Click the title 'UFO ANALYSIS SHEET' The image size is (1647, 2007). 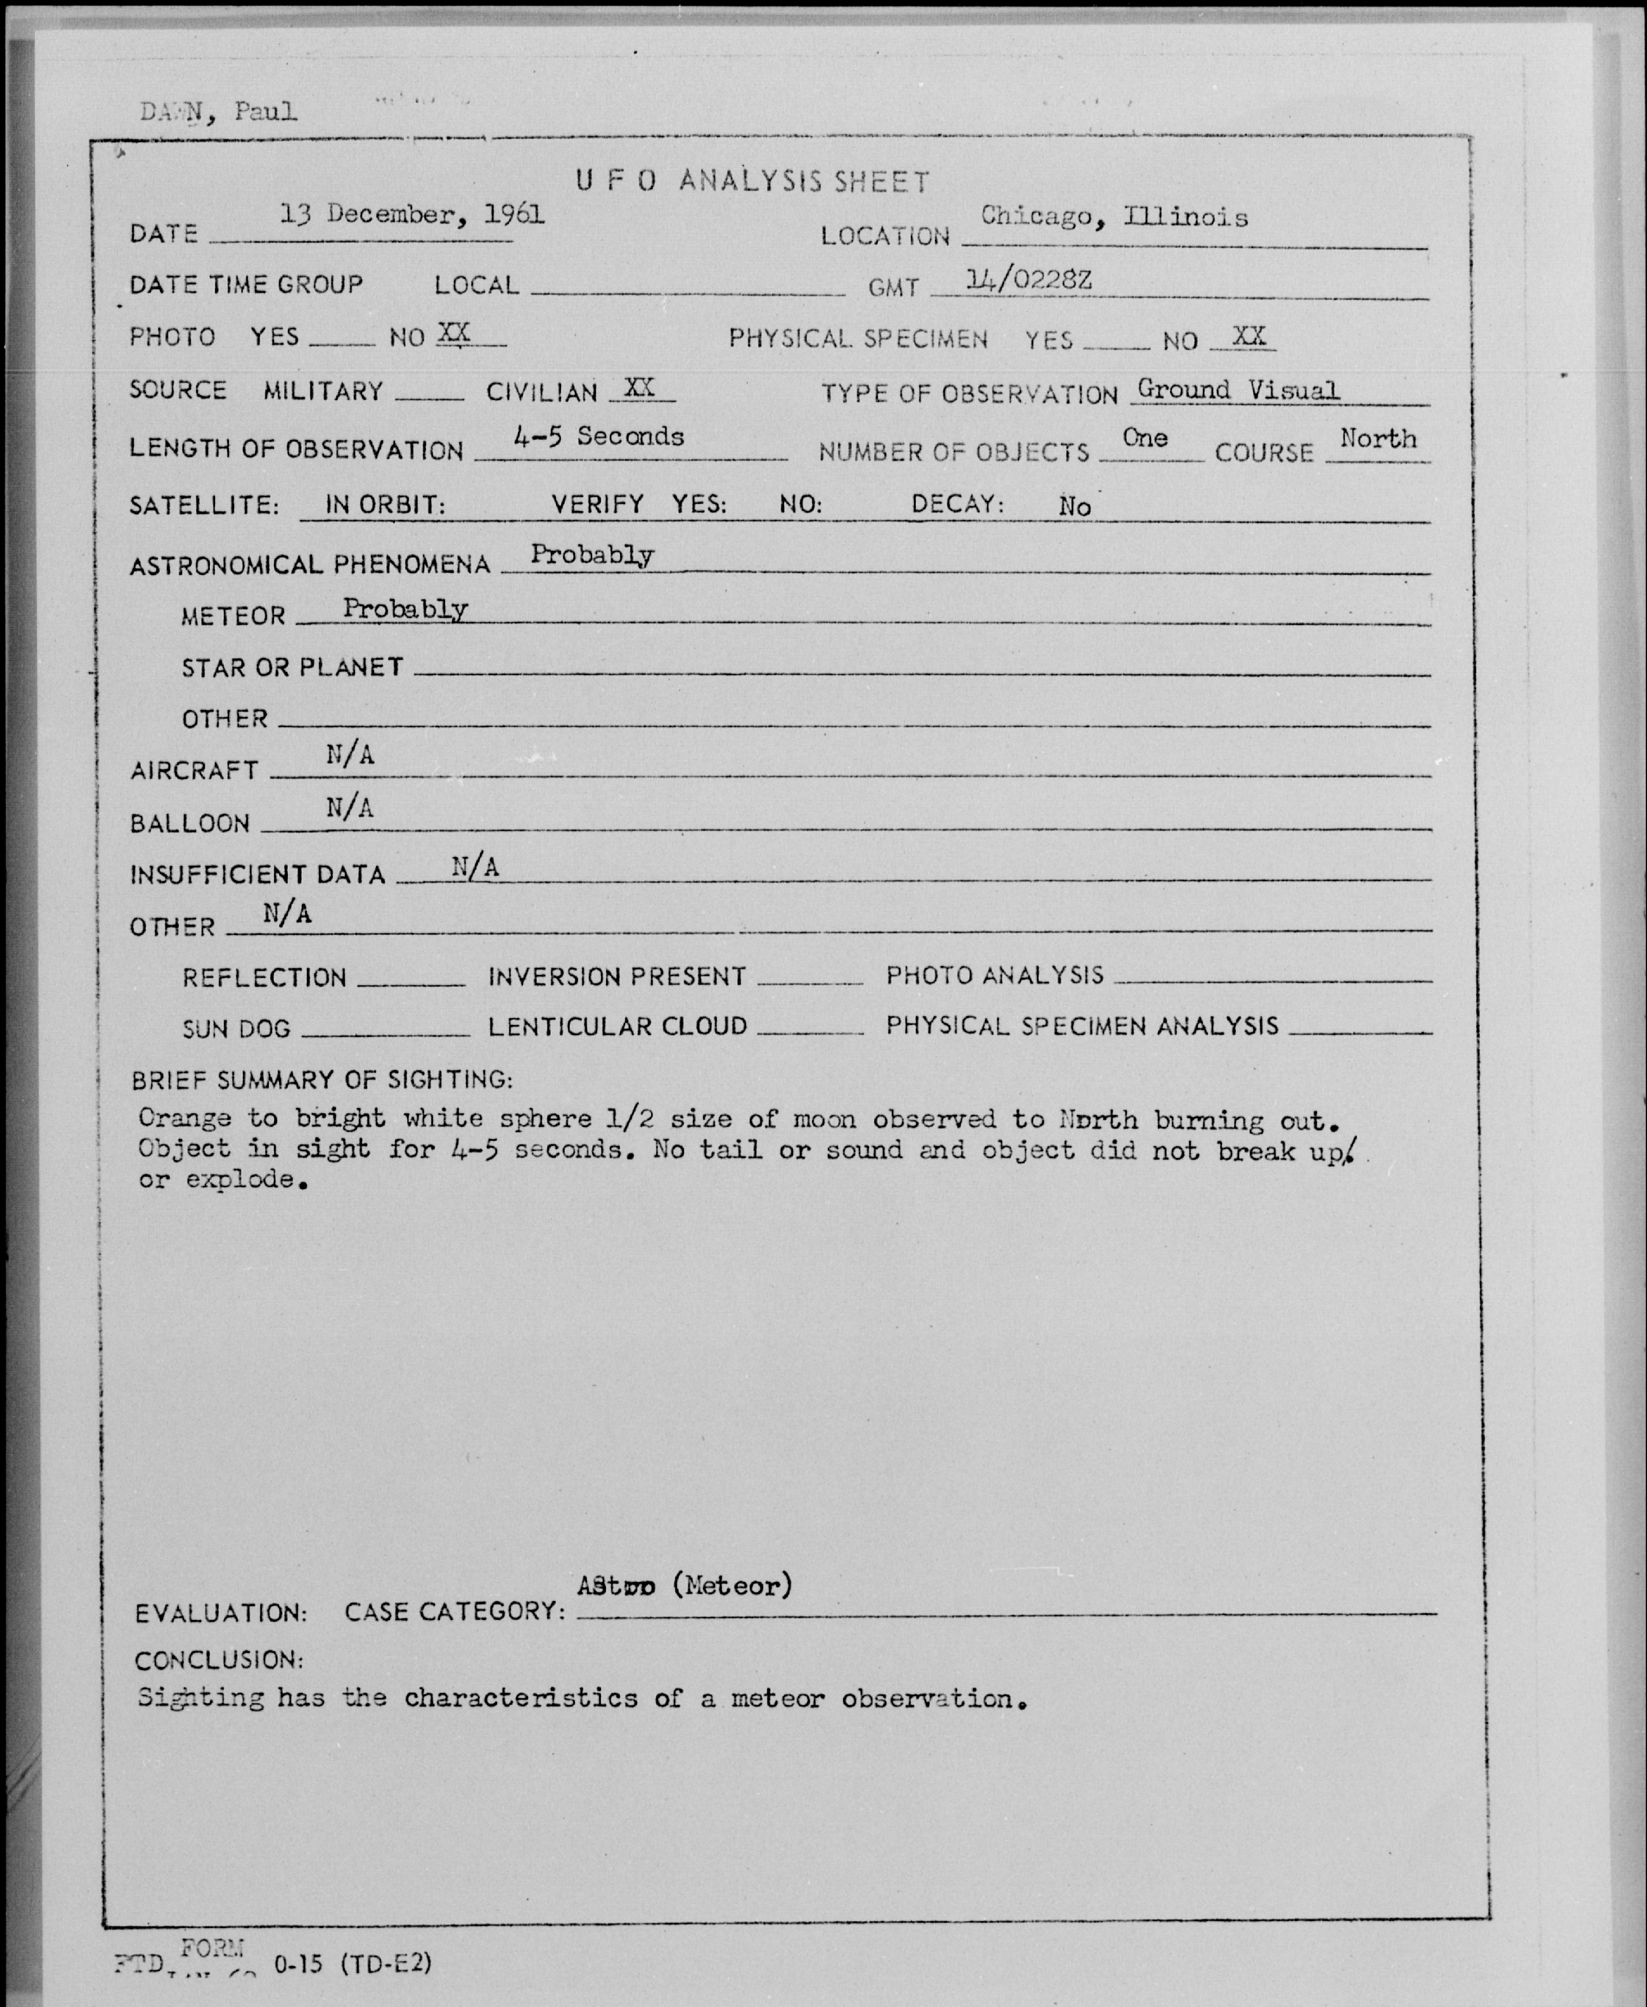click(753, 181)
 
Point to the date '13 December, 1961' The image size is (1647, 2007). click(412, 215)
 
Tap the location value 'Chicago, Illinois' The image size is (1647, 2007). click(1114, 217)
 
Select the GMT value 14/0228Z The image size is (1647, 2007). click(1028, 279)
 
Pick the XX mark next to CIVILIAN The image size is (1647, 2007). click(640, 387)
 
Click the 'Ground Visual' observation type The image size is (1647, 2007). click(1238, 389)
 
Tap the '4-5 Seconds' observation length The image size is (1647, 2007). click(599, 437)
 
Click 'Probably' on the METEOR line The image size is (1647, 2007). click(405, 608)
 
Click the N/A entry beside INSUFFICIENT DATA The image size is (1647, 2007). click(475, 866)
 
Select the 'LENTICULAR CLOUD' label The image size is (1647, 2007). click(618, 1027)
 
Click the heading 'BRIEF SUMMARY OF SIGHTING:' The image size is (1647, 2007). click(322, 1080)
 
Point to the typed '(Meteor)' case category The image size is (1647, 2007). click(731, 1585)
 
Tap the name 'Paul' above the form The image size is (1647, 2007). click(266, 112)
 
